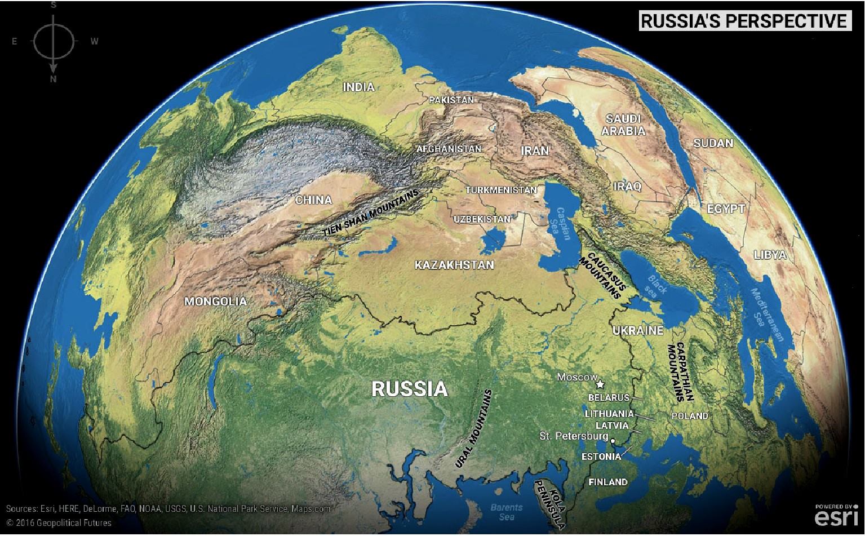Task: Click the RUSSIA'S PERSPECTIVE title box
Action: (x=744, y=21)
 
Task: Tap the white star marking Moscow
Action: (x=600, y=384)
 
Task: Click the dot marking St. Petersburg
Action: (x=613, y=441)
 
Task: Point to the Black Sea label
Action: (x=657, y=285)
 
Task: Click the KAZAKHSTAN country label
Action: (x=454, y=265)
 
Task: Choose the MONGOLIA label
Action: (x=215, y=302)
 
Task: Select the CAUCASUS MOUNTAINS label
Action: (x=604, y=275)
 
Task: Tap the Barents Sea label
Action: (x=506, y=512)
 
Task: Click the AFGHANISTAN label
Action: (x=449, y=149)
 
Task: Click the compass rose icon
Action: (x=53, y=41)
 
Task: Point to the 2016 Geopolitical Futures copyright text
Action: (x=59, y=522)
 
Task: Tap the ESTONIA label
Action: (x=601, y=457)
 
